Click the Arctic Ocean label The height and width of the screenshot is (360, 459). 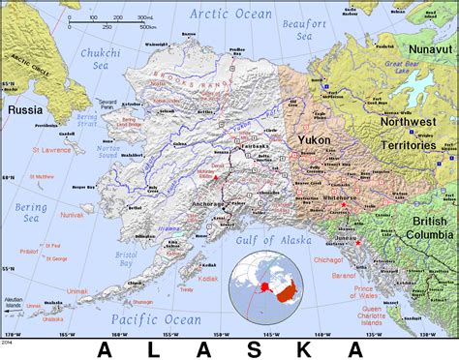click(231, 14)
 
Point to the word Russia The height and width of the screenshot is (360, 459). click(25, 110)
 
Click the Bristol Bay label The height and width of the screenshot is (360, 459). click(124, 258)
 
